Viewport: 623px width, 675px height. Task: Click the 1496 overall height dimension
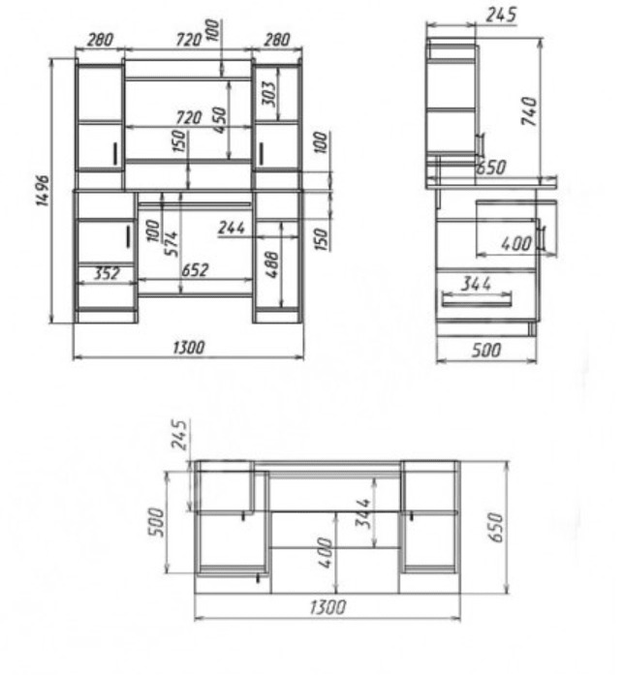[43, 191]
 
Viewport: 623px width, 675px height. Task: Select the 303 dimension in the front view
[270, 93]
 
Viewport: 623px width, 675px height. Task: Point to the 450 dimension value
[220, 120]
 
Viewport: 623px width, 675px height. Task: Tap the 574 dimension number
[171, 244]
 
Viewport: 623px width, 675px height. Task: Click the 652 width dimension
[195, 270]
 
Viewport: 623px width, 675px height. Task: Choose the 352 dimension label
[108, 273]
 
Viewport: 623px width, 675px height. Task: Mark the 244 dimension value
[232, 228]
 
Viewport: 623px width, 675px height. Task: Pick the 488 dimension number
[272, 264]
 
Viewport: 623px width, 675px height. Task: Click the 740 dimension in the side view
[530, 111]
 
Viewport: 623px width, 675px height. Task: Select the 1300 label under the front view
[189, 348]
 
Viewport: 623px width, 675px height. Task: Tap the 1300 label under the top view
[327, 607]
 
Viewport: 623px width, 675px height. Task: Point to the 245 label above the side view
[501, 15]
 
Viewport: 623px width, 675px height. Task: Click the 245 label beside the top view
[180, 434]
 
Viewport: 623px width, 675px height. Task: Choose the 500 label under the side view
[486, 350]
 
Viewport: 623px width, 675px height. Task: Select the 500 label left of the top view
[156, 522]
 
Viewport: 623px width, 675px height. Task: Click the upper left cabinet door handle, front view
[115, 154]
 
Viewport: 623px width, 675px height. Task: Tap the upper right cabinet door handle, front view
[261, 154]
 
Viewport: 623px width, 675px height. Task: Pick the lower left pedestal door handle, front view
[128, 236]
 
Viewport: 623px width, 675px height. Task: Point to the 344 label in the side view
[476, 284]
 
